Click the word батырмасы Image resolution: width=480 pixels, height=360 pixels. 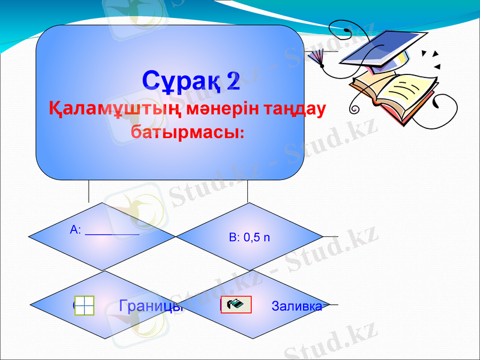[x=186, y=132]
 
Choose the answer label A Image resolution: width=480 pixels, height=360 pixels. [x=74, y=229]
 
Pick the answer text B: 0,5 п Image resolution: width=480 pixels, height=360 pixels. [x=250, y=238]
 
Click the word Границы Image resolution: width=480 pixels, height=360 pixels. [x=151, y=306]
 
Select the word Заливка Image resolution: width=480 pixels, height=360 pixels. [x=296, y=307]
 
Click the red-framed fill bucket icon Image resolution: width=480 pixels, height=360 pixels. [x=236, y=305]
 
